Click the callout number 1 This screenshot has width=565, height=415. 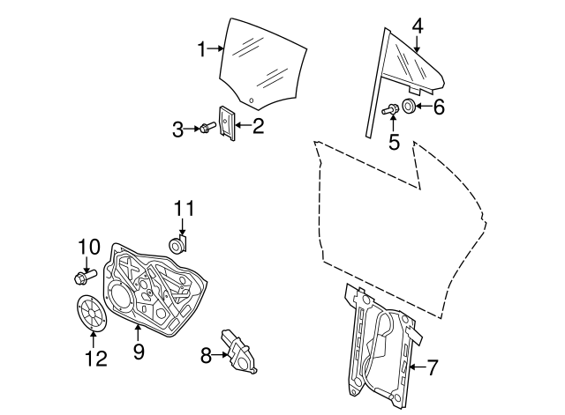201,49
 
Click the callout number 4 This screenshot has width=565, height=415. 418,26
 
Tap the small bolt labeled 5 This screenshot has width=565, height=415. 390,109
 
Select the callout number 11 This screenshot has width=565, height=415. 182,209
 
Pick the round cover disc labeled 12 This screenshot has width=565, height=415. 91,314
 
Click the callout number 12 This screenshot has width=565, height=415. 94,359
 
